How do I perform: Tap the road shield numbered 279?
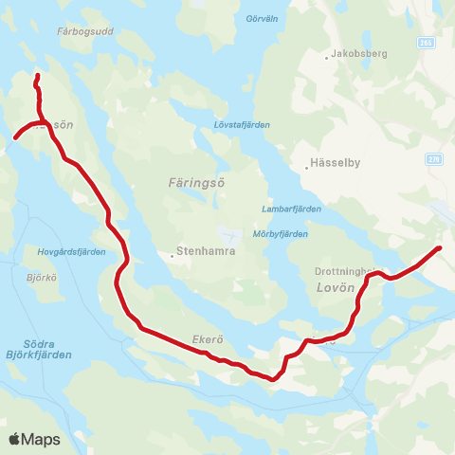434,160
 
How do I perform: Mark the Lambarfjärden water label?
290,209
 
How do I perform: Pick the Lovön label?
334,286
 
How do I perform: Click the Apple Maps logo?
35,439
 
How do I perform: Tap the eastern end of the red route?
439,248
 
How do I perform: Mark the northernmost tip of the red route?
37,75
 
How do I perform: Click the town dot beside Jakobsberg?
327,57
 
